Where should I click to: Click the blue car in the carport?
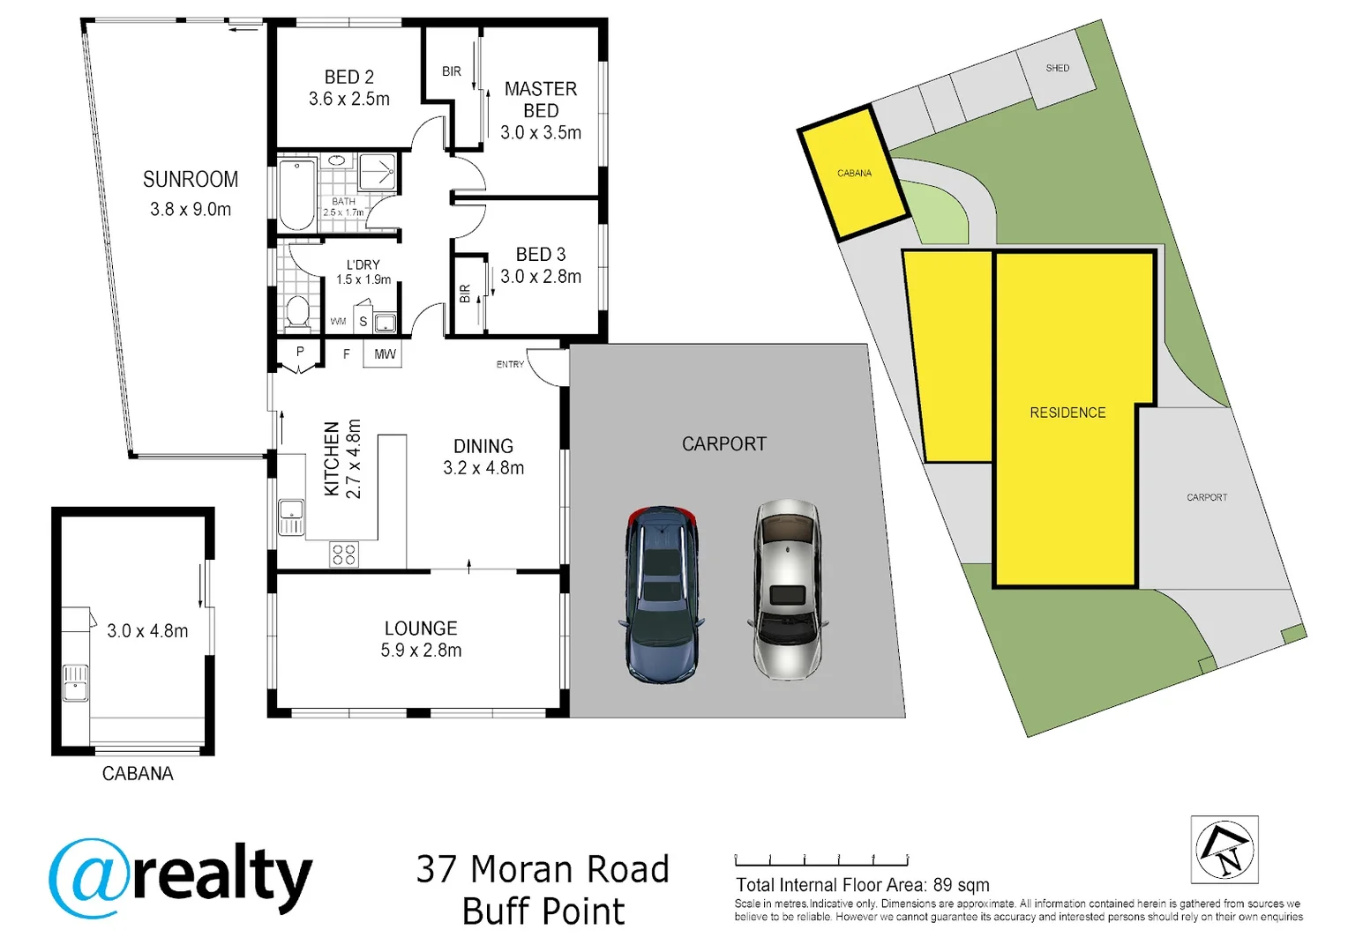pos(663,594)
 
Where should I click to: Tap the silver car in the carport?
pos(787,590)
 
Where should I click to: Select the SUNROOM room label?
pos(191,180)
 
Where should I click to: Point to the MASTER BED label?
pos(541,100)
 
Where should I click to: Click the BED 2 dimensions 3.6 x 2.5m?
pos(349,100)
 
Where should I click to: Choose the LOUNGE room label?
pos(421,628)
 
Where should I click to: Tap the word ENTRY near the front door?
pos(510,364)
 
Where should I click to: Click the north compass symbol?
pos(1224,850)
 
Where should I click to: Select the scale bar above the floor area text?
pos(821,860)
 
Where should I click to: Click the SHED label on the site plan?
pos(1058,68)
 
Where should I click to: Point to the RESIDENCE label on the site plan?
pos(1067,413)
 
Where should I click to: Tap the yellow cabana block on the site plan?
pos(853,173)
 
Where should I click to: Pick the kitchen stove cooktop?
pos(344,554)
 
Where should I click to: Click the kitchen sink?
pos(292,516)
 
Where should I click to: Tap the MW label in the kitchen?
pos(385,354)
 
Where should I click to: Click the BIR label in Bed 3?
pos(465,294)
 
